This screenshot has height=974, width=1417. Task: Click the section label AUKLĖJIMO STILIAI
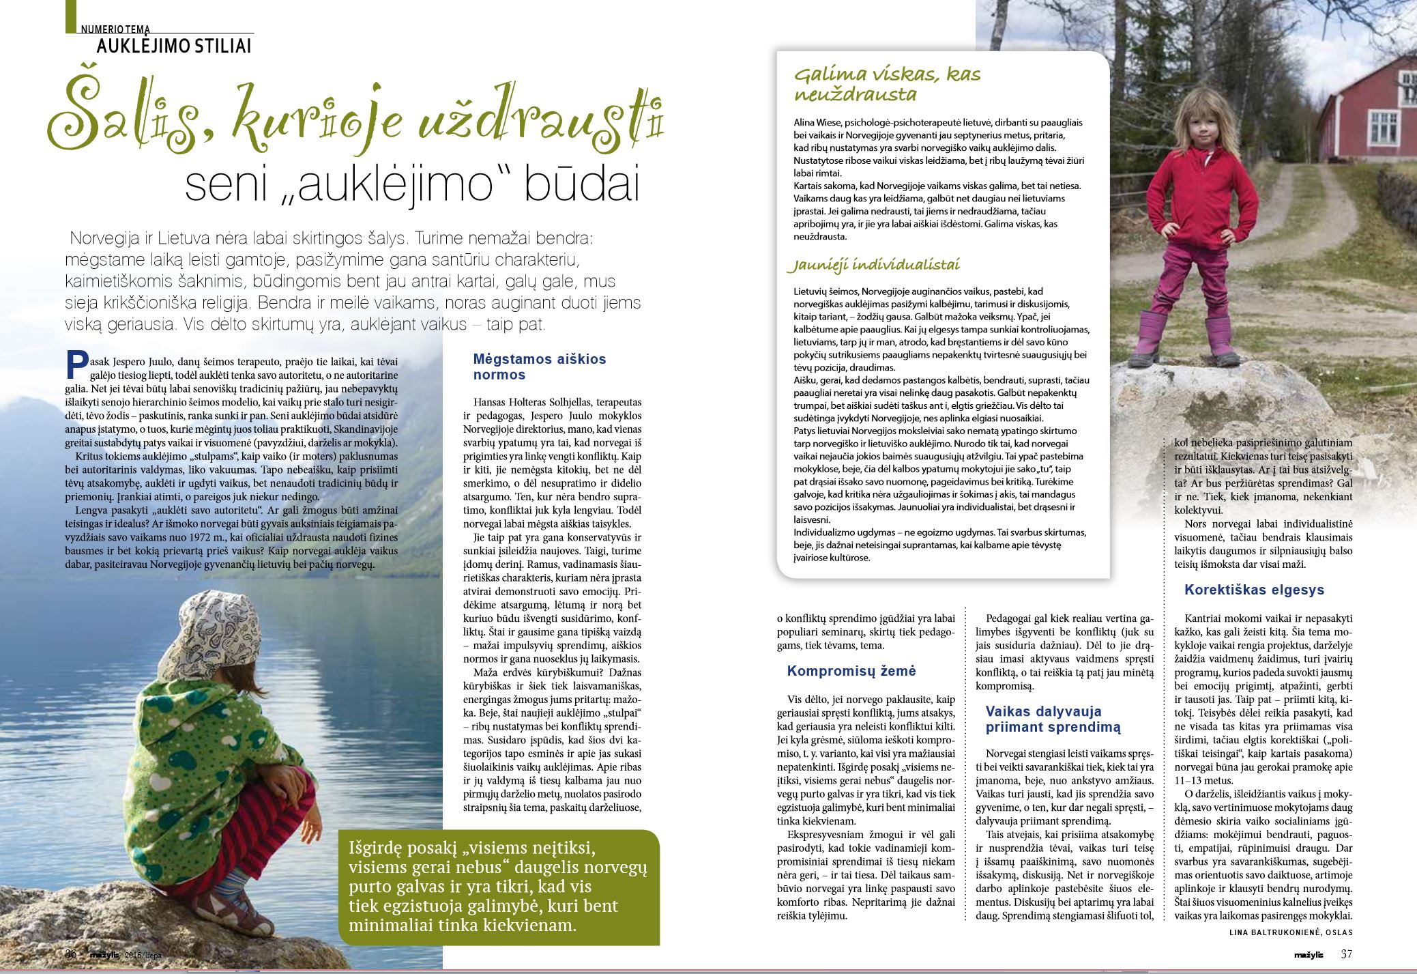[174, 46]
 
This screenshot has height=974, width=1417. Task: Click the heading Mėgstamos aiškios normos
[539, 367]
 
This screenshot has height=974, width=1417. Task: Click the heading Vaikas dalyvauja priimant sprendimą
[1053, 719]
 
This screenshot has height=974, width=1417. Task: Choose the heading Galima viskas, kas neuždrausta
[887, 84]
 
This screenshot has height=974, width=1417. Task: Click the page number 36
[70, 954]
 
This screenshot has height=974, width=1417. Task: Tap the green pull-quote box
[499, 887]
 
